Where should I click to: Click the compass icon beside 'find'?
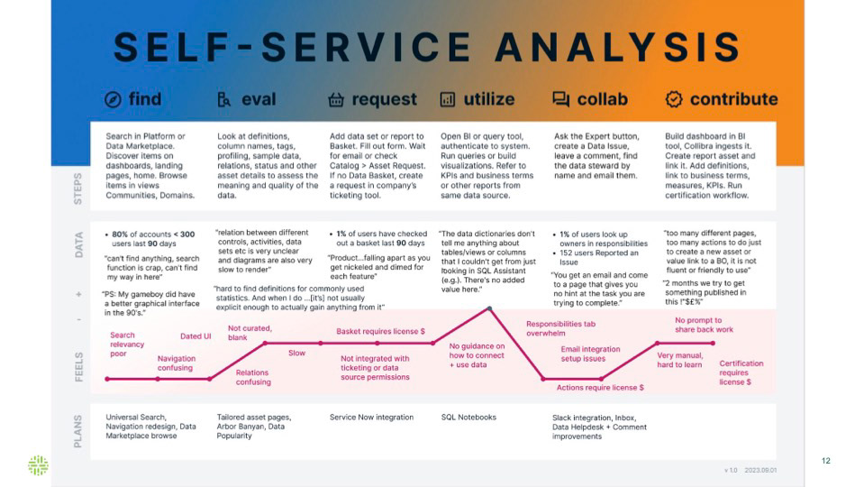click(114, 99)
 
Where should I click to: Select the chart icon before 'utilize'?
click(448, 99)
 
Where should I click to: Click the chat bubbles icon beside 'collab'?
click(561, 99)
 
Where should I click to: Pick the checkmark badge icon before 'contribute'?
click(673, 99)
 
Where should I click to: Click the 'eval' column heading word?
click(259, 99)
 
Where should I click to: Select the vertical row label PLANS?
click(78, 431)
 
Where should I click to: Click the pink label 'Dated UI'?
click(196, 336)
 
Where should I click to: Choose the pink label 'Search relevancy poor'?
click(123, 344)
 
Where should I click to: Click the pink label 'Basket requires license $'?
click(380, 331)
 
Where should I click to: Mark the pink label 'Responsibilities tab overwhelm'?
click(561, 329)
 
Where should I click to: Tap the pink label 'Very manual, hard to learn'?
click(680, 360)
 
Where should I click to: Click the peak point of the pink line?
click(489, 308)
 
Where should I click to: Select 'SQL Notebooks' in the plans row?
click(468, 418)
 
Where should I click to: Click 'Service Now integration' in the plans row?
click(371, 418)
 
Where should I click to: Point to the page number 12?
click(825, 461)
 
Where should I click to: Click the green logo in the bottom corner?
click(38, 465)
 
